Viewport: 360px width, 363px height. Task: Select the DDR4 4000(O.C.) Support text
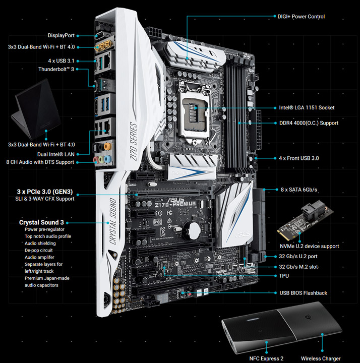click(x=309, y=123)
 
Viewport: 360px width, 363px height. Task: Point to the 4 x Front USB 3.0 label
click(x=299, y=158)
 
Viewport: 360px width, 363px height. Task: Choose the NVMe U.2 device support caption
click(x=309, y=247)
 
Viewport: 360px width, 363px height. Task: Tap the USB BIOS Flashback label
click(x=303, y=293)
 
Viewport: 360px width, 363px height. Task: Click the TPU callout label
click(x=284, y=276)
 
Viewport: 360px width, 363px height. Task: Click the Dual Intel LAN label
click(x=56, y=153)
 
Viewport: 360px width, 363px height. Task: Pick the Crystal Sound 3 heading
click(x=41, y=222)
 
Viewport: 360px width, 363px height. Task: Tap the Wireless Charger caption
click(x=321, y=358)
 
